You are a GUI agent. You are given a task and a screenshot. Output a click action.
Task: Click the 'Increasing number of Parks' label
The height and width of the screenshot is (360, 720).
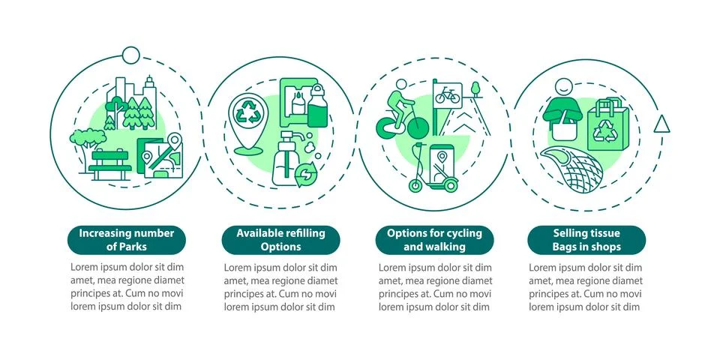click(127, 240)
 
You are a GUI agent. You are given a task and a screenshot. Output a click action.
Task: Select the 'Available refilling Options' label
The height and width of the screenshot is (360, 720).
click(280, 240)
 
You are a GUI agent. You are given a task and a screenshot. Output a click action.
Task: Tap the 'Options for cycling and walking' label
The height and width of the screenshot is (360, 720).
click(434, 240)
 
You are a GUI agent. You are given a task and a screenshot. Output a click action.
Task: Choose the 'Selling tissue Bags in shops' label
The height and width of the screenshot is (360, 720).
click(586, 240)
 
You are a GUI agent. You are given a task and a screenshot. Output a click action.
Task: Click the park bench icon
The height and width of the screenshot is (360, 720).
click(109, 164)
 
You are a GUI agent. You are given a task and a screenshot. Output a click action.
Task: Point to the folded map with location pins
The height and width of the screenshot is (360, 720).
click(160, 156)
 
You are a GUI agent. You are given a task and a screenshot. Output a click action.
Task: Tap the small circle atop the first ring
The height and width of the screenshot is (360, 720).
click(130, 55)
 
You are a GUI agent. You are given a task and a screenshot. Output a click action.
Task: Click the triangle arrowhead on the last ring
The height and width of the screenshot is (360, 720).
click(661, 124)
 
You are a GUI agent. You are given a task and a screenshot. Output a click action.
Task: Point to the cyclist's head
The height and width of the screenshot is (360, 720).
click(401, 85)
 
